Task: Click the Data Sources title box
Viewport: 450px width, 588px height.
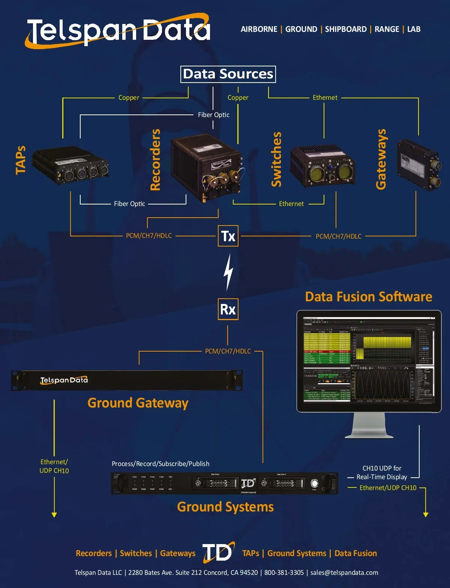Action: (228, 74)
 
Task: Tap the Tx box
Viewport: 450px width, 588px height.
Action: (228, 236)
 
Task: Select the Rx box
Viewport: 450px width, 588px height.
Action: (228, 309)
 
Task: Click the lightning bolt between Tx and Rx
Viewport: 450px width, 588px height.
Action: (228, 272)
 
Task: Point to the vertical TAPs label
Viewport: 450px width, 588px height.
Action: (21, 160)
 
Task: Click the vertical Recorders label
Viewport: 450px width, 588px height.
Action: (155, 160)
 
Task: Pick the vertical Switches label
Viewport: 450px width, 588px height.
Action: (276, 159)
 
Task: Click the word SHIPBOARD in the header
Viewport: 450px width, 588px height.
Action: (346, 29)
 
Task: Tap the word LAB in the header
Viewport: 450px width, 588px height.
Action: (414, 29)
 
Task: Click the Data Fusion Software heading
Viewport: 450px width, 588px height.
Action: (368, 297)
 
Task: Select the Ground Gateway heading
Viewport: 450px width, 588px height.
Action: (138, 403)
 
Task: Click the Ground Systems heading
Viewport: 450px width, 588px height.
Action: (225, 507)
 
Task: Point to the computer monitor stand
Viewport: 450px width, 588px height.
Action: (369, 426)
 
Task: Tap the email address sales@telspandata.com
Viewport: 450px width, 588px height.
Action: (344, 573)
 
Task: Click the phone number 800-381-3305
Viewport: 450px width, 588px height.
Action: (284, 573)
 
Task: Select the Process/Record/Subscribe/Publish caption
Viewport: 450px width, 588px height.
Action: (160, 464)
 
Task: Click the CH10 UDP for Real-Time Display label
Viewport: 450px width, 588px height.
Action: (382, 472)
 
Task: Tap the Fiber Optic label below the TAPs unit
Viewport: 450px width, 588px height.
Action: (129, 204)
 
